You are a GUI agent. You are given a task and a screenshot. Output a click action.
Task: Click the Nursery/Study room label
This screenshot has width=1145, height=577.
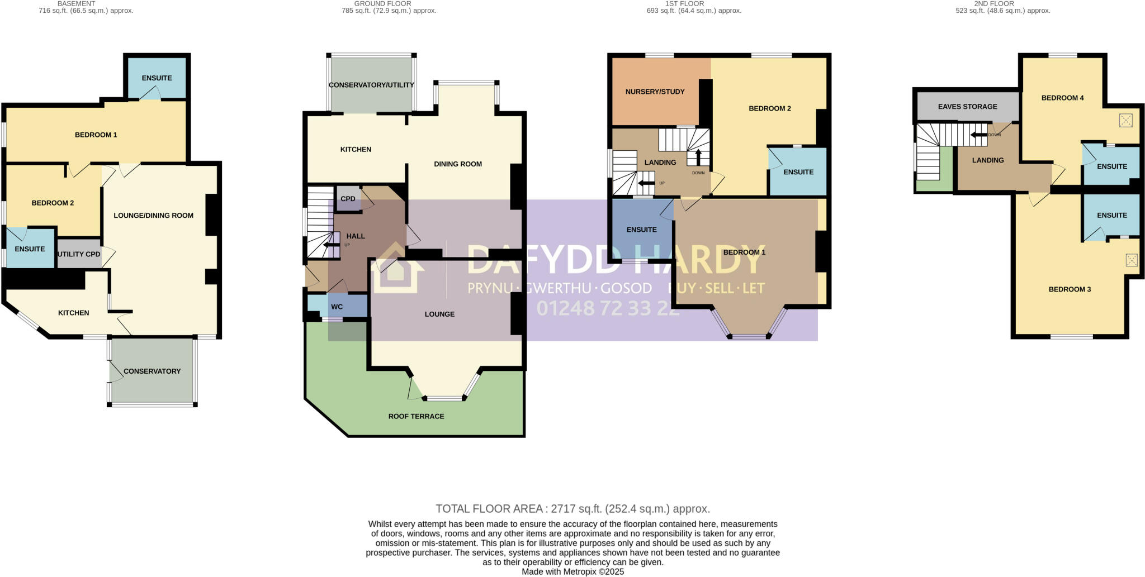coord(655,92)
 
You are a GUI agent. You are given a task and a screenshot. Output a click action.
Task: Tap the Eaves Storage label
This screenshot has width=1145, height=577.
coord(967,107)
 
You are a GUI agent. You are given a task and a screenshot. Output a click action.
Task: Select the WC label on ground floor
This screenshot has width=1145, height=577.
coord(337,307)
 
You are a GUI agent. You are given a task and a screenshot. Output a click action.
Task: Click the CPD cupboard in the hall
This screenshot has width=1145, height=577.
coord(348,199)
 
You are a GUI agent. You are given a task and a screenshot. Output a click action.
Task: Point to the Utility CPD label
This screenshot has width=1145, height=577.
coord(79,254)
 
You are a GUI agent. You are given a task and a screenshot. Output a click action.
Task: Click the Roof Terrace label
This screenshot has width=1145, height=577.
coord(416,416)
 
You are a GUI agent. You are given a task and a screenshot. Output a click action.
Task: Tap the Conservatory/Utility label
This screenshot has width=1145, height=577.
coord(371,85)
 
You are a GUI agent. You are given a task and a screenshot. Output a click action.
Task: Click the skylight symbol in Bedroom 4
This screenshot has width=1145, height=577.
coord(1125,120)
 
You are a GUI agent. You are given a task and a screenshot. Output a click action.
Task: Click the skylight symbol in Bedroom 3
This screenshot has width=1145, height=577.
coord(1131,260)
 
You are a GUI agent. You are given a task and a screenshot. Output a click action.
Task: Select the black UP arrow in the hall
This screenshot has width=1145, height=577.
coord(332,244)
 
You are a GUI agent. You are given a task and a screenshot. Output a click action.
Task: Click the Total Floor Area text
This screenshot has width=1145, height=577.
coord(572,509)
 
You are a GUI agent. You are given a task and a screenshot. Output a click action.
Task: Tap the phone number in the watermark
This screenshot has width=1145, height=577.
coord(608,308)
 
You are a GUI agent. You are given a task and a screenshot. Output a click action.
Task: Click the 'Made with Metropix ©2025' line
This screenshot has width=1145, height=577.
coord(572,572)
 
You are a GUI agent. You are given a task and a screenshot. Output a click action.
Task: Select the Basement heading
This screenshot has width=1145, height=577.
coord(77,4)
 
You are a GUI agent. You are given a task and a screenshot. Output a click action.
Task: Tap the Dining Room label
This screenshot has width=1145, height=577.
coord(458,164)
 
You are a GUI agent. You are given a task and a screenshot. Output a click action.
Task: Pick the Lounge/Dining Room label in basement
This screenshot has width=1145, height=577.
coord(153,216)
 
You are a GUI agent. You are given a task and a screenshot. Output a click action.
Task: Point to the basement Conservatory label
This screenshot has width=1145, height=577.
coord(152,371)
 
